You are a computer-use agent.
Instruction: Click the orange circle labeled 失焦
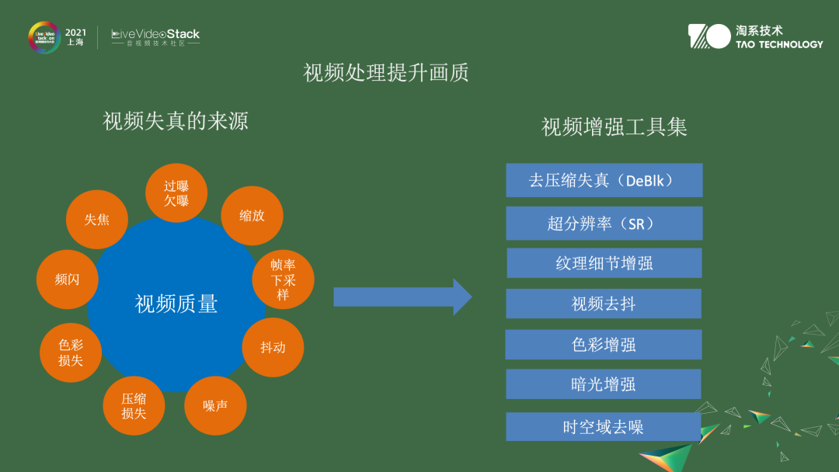[97, 220]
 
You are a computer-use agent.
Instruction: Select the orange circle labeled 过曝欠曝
[176, 193]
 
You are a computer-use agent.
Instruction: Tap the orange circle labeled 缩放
[252, 216]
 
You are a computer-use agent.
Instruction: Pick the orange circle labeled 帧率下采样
[283, 279]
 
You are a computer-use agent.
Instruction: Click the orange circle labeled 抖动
[273, 347]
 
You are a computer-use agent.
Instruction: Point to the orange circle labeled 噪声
[215, 405]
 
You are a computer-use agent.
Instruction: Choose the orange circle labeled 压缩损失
[134, 405]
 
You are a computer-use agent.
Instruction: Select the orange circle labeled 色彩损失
[71, 352]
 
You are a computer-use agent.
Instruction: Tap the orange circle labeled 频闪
[67, 279]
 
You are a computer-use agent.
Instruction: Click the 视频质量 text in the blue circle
[176, 304]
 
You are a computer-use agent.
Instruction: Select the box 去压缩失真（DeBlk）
[604, 180]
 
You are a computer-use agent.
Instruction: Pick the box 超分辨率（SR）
[604, 224]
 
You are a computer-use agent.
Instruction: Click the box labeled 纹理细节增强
[604, 263]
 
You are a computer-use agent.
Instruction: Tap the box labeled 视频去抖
[604, 304]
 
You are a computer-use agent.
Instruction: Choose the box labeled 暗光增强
[604, 384]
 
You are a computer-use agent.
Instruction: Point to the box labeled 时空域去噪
[604, 427]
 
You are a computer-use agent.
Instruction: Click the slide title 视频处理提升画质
[386, 73]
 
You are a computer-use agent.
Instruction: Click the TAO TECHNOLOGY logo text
[778, 44]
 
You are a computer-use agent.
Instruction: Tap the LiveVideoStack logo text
[155, 34]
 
